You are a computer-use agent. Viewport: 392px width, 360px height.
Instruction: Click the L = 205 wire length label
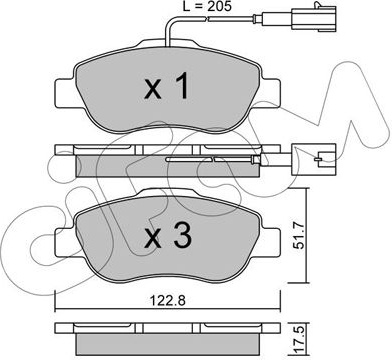point(207,7)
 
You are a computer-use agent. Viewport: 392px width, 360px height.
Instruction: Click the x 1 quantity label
point(167,86)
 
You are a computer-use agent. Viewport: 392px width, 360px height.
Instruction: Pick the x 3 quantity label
point(167,236)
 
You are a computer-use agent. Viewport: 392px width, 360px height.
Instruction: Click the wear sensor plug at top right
point(314,17)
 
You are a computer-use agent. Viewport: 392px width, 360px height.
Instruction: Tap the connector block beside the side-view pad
point(313,159)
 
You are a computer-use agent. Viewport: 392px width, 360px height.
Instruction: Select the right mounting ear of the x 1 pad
point(270,94)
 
